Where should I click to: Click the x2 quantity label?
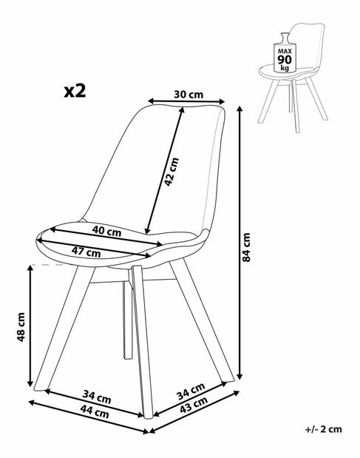point(75,91)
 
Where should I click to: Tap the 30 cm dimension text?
point(185,95)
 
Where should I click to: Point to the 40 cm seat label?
point(107,230)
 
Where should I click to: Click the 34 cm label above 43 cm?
point(191,390)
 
